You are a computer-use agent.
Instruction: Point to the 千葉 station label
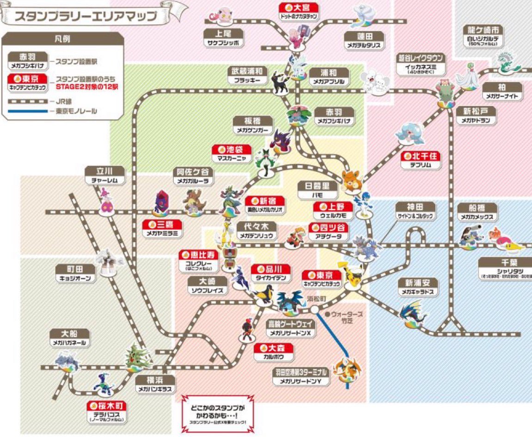point(505,267)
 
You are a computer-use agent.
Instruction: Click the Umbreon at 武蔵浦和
point(279,83)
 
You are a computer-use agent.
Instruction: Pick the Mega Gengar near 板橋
point(280,139)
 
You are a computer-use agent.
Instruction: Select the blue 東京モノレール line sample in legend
point(27,112)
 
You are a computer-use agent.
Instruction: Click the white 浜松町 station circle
point(315,309)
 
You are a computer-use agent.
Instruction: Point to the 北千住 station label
point(420,160)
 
